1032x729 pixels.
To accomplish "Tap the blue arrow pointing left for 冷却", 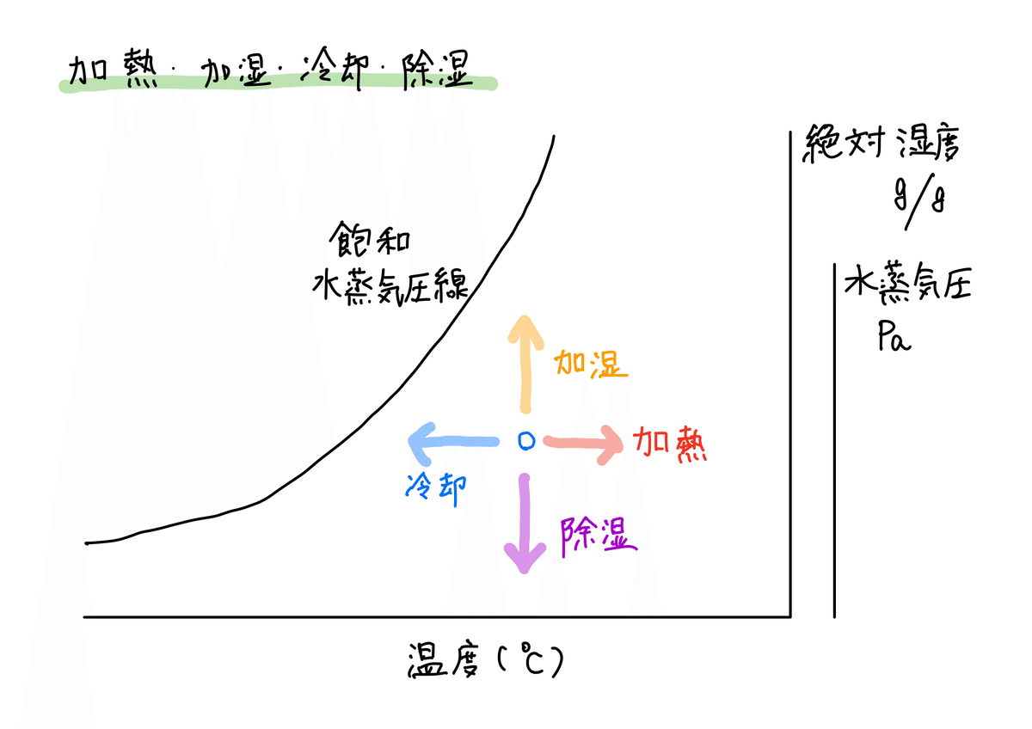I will pos(453,443).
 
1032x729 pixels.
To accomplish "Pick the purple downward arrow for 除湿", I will pos(523,524).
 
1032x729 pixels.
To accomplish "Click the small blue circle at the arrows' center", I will pos(526,441).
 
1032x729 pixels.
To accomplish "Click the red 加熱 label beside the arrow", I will pos(670,444).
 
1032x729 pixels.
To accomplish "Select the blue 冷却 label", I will pos(435,489).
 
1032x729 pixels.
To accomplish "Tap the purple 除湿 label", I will pos(598,536).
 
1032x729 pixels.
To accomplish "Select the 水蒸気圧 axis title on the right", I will pos(907,285).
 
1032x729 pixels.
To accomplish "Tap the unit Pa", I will pos(894,337).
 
